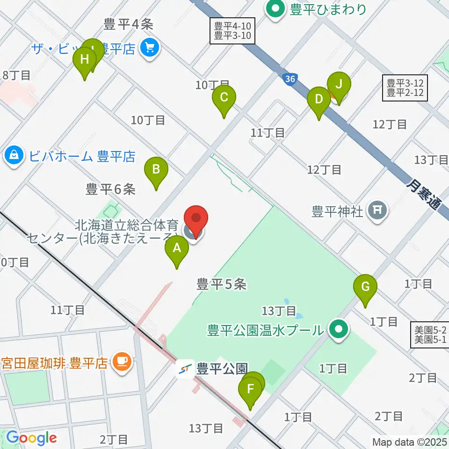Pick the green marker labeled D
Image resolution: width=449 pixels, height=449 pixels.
(x=319, y=100)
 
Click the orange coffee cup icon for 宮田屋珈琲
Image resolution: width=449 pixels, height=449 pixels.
(x=122, y=362)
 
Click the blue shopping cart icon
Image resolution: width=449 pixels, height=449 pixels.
(x=150, y=47)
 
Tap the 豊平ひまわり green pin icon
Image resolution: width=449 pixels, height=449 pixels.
(x=275, y=9)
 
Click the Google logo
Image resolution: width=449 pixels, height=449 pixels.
(x=32, y=438)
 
